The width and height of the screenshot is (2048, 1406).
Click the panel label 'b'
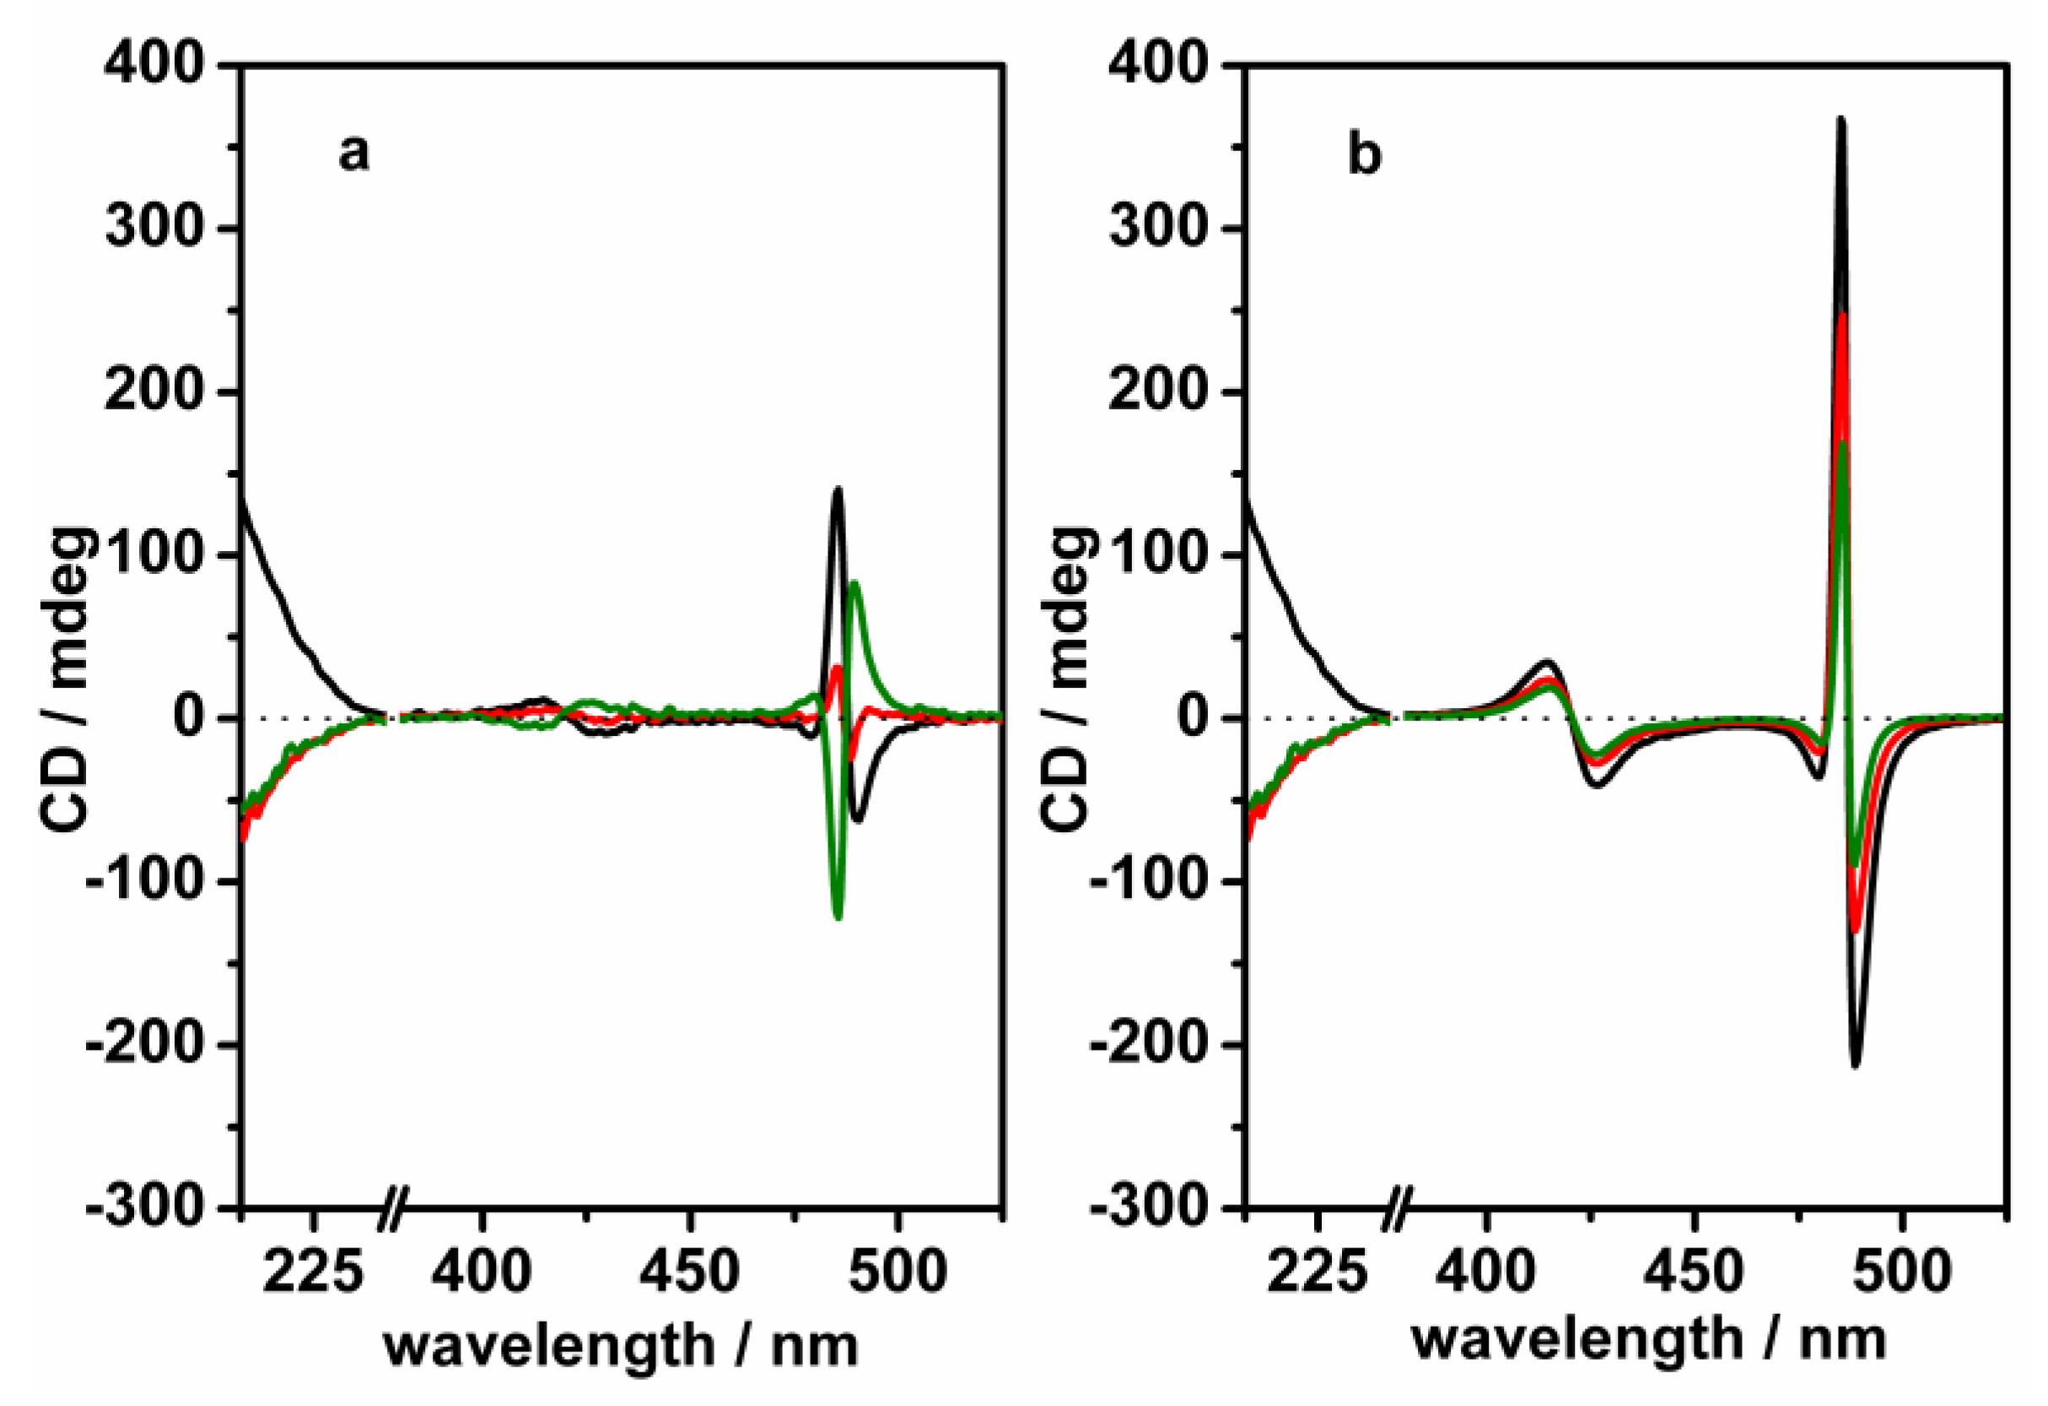click(x=1364, y=156)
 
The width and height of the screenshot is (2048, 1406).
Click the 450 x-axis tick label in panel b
click(x=1693, y=1272)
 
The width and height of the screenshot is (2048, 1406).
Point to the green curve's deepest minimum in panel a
click(x=838, y=917)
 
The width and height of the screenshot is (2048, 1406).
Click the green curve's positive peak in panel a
click(x=854, y=582)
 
